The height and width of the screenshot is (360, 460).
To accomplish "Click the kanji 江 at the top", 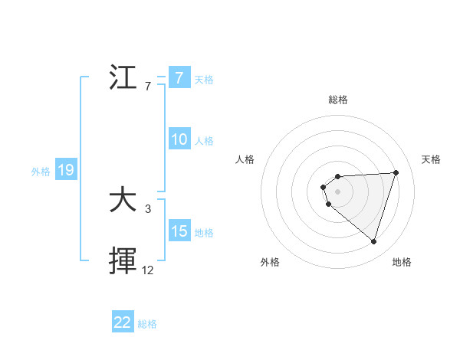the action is pos(123,78).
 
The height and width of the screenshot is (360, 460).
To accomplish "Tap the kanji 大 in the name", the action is pos(123,201).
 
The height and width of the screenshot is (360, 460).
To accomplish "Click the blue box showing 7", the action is pos(179,78).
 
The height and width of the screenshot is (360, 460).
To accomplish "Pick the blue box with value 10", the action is pos(179,139).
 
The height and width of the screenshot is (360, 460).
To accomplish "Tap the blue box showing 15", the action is pos(179,231).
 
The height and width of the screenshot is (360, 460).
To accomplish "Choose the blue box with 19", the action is pos(66,170).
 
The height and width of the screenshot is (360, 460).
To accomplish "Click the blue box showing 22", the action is pos(123,322).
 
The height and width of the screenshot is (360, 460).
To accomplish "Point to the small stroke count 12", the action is pos(148,270).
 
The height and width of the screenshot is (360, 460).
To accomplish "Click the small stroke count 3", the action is pos(148,208).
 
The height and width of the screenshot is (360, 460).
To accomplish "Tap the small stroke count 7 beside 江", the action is pos(148,86).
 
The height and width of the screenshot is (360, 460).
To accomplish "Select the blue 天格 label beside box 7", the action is pos(204,79).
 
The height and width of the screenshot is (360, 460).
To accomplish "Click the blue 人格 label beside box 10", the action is pos(204,140).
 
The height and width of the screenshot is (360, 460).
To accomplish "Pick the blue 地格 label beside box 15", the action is pos(204,232).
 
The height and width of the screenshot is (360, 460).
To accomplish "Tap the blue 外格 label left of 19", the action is pos(41,172).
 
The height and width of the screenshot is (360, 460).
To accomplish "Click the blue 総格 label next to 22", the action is pos(147,324).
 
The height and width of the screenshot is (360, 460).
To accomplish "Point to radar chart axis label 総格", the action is pos(338,100).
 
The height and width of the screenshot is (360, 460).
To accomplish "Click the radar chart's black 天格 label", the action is pos(431,159).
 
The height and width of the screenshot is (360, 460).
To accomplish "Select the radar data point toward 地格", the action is pos(373,242).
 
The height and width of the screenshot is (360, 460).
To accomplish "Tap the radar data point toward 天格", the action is pos(396,172).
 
